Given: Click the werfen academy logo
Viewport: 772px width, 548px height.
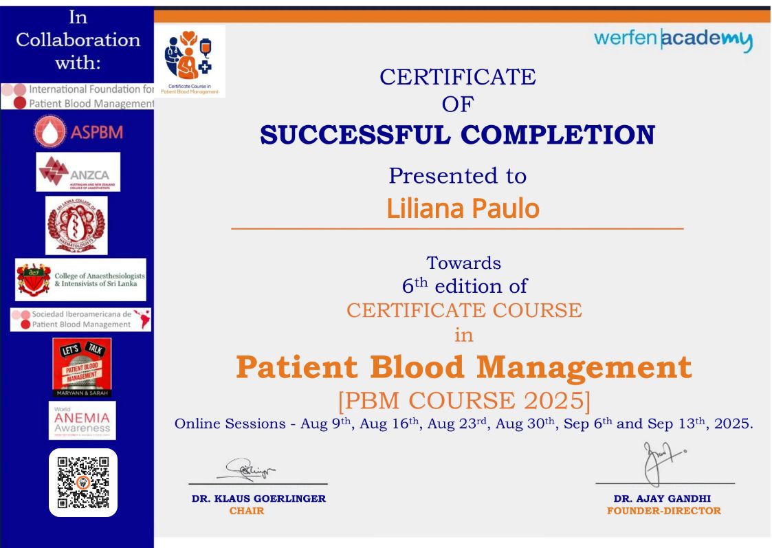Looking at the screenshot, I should click(x=673, y=41).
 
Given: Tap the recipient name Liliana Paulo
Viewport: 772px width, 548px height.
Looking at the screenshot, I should click(x=463, y=208).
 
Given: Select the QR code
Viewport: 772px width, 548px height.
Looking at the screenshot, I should click(x=83, y=482).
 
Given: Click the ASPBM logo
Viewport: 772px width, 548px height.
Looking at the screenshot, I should click(x=77, y=133).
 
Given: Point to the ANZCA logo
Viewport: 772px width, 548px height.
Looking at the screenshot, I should click(x=78, y=172).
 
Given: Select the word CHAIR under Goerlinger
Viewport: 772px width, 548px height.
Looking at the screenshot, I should click(x=246, y=510).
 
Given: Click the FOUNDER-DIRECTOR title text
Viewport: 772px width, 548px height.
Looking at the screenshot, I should click(x=663, y=510).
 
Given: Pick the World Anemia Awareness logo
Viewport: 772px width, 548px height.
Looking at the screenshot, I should click(x=82, y=420).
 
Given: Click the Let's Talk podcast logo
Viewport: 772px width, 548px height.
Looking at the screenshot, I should click(x=82, y=366).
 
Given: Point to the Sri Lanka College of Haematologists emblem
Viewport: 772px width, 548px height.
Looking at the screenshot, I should click(x=76, y=226).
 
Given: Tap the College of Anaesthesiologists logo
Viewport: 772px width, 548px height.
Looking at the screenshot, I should click(x=80, y=279).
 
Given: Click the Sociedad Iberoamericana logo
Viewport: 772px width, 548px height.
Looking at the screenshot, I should click(x=80, y=319).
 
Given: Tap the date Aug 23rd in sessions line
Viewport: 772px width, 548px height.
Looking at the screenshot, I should click(x=452, y=424).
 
